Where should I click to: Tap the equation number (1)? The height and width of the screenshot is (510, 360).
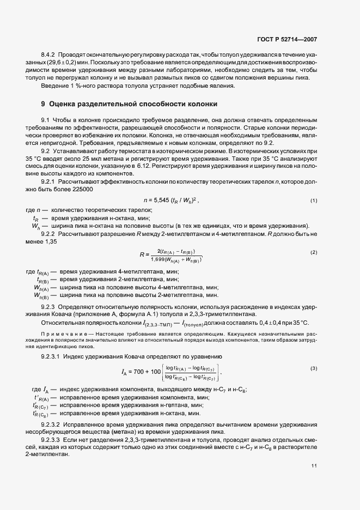tap(314, 201)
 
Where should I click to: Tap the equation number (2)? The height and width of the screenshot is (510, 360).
tap(314, 253)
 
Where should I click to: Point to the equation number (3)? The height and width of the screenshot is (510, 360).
tap(314, 369)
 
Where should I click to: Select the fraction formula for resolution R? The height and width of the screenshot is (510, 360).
tap(171, 254)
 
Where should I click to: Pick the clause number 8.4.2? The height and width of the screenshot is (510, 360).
tap(51, 56)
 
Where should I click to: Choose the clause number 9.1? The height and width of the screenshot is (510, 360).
tap(46, 119)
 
